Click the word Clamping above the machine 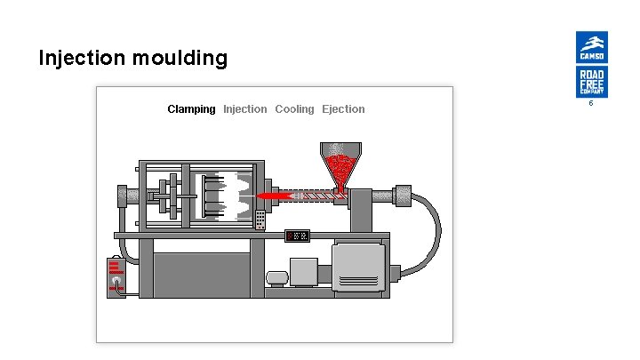(x=191, y=109)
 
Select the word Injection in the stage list (x=244, y=109)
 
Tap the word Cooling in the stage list (x=294, y=109)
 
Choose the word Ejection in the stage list (x=343, y=109)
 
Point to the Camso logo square (x=591, y=47)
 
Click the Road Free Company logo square (x=591, y=82)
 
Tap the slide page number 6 (x=591, y=104)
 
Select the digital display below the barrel (x=297, y=236)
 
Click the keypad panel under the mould (x=260, y=219)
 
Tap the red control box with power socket (x=116, y=276)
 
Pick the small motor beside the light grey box (x=278, y=278)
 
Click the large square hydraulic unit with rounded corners (x=359, y=266)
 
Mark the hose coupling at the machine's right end (x=404, y=193)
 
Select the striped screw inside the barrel (x=311, y=195)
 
